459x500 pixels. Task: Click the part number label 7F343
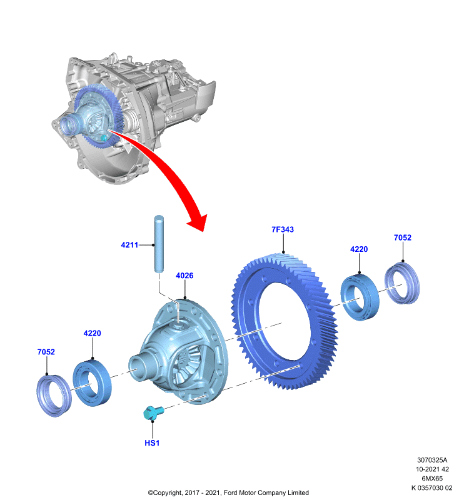point(282,229)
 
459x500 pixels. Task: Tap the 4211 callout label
point(129,245)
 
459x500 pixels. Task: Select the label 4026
point(184,276)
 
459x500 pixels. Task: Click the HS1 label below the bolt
point(152,443)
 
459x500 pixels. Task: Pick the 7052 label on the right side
point(403,237)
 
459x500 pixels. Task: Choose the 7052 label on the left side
point(46,352)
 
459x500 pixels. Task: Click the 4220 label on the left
point(92,333)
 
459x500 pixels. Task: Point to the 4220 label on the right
point(359,249)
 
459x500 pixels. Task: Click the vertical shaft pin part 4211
point(159,244)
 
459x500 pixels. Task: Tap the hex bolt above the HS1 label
point(153,412)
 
